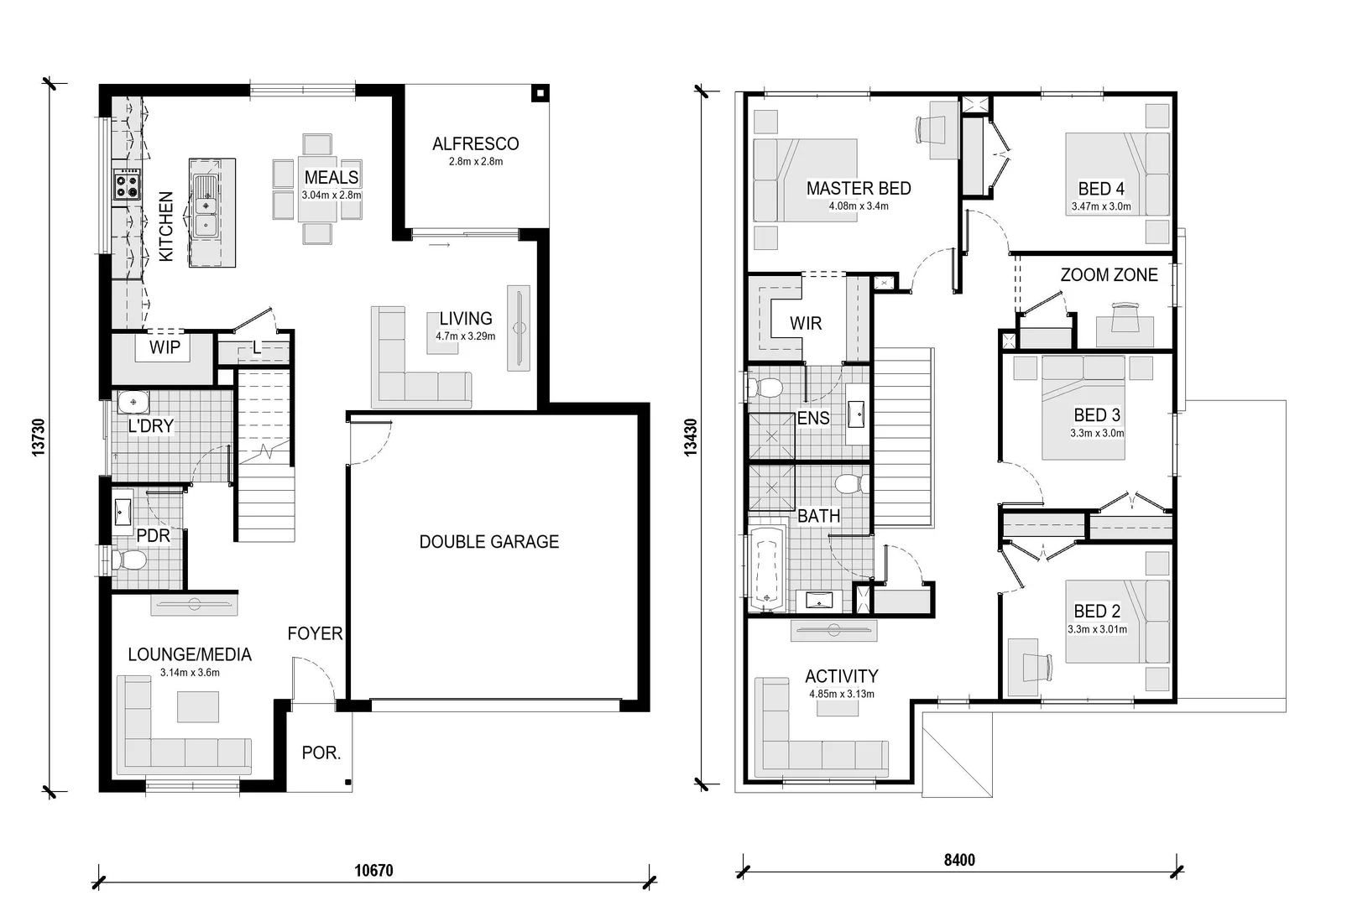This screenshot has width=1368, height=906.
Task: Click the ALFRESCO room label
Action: point(475,143)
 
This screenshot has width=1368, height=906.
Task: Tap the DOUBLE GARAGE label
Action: point(488,542)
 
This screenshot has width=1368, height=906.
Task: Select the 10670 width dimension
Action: point(373,870)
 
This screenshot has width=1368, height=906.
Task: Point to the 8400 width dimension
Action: point(959,860)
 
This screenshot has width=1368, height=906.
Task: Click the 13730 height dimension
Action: point(38,437)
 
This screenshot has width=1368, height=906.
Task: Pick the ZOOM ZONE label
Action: point(1108,275)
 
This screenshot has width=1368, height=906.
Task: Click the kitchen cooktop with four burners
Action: point(127,184)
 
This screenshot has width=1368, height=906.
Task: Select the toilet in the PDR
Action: point(128,560)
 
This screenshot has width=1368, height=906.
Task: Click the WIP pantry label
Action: point(164,347)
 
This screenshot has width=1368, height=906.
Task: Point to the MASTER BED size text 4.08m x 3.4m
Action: point(858,206)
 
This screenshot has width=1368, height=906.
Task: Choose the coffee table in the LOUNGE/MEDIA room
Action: point(198,706)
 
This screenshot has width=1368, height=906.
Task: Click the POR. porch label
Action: point(321,753)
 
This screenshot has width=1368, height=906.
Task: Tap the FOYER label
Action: point(315,634)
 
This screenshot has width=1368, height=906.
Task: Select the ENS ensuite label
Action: point(812,418)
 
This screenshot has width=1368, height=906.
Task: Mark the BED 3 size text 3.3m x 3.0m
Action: point(1096,434)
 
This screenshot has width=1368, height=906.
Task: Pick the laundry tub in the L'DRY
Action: point(133,404)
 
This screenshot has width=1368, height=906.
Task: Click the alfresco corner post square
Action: point(541,93)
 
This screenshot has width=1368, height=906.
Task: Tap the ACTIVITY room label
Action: point(841,676)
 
